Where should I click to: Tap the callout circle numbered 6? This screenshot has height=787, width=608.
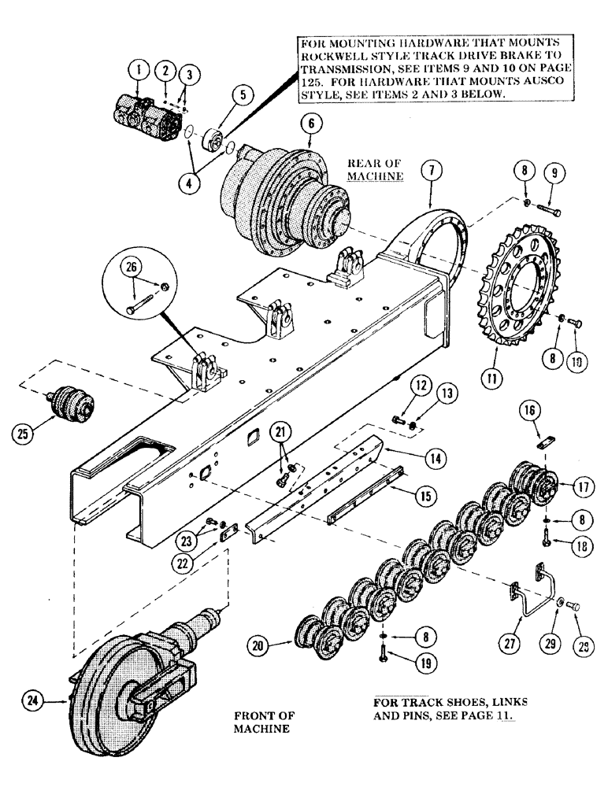point(310,123)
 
